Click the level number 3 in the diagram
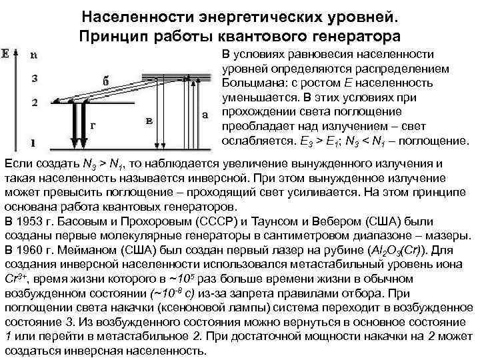click(x=34, y=79)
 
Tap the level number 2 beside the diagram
click(x=34, y=103)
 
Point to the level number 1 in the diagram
click(x=34, y=143)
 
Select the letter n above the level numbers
click(x=34, y=57)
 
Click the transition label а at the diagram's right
click(x=205, y=114)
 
